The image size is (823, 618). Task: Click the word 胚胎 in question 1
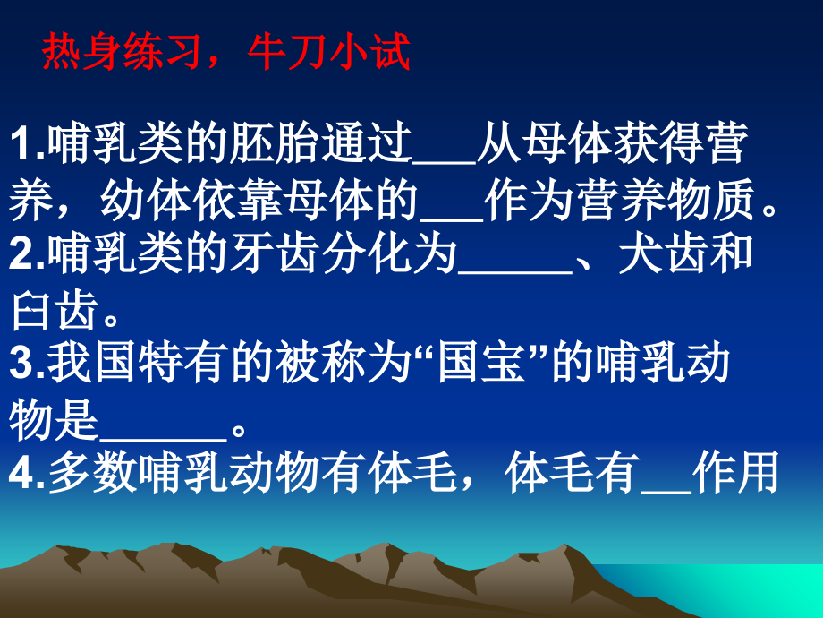click(276, 146)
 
